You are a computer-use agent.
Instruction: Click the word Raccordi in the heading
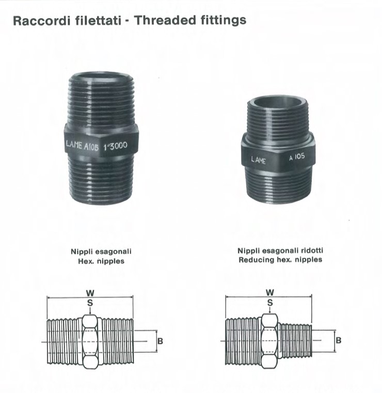click(x=42, y=21)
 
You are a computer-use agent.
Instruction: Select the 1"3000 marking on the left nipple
click(x=115, y=146)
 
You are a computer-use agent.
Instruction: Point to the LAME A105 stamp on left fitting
click(x=82, y=145)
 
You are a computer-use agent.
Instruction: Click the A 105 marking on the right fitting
click(x=297, y=156)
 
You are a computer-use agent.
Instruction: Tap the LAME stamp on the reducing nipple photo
click(x=258, y=160)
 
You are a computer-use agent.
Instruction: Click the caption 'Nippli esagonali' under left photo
click(x=101, y=251)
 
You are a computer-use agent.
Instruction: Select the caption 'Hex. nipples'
click(x=101, y=261)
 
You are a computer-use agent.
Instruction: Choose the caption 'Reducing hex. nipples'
click(x=280, y=260)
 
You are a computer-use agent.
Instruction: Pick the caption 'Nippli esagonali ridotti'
click(x=280, y=250)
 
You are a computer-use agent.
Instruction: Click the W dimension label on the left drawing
click(x=90, y=293)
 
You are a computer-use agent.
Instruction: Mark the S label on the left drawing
click(x=90, y=303)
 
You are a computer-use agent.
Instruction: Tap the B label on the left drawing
click(x=160, y=341)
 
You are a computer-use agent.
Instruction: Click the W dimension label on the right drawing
click(x=270, y=292)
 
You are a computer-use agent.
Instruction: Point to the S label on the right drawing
click(x=270, y=303)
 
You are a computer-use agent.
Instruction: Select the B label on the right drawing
click(x=339, y=341)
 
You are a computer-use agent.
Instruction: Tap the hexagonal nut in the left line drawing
click(x=90, y=342)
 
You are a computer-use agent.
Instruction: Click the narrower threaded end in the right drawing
click(x=296, y=340)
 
